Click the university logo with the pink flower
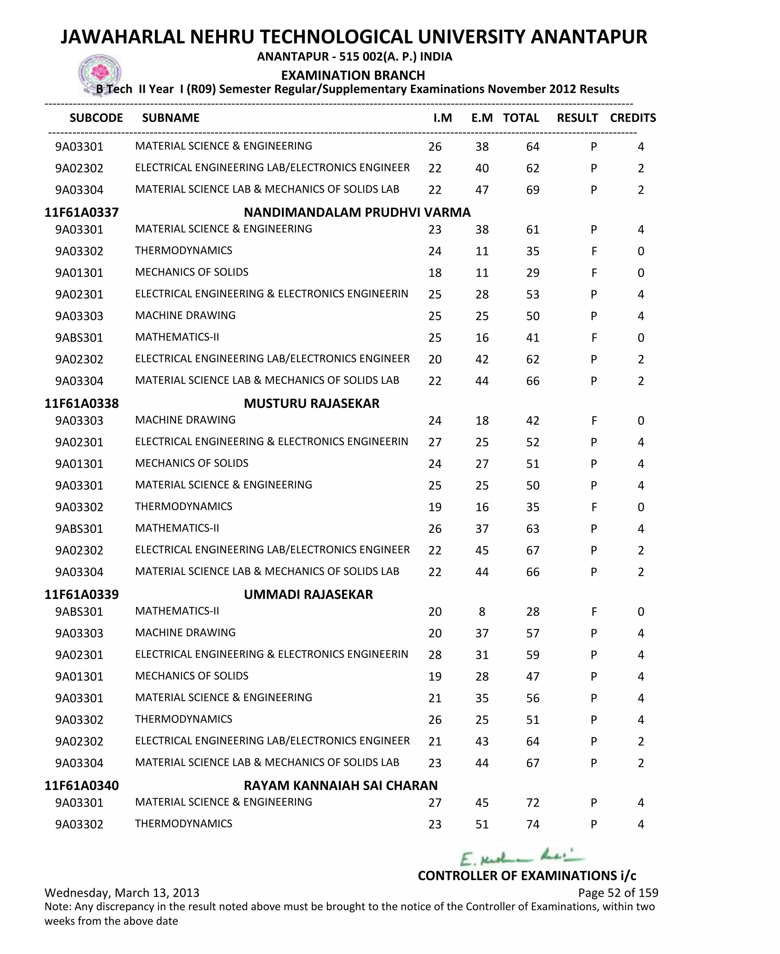pyautogui.click(x=100, y=73)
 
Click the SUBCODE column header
pyautogui.click(x=96, y=118)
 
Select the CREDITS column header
pyautogui.click(x=633, y=118)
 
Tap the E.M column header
pyautogui.click(x=482, y=118)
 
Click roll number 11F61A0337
pyautogui.click(x=82, y=212)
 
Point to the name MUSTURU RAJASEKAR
pyautogui.click(x=312, y=403)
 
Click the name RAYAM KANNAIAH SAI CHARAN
pyautogui.click(x=340, y=786)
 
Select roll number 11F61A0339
pyautogui.click(x=82, y=594)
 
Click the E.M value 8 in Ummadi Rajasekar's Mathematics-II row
pyautogui.click(x=482, y=612)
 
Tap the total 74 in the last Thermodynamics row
pyautogui.click(x=532, y=824)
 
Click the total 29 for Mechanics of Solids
pyautogui.click(x=532, y=273)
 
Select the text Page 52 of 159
pyautogui.click(x=618, y=892)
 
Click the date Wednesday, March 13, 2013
pyautogui.click(x=122, y=892)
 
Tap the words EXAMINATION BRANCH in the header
pyautogui.click(x=353, y=75)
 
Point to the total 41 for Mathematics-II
pyautogui.click(x=532, y=338)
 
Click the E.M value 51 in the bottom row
pyautogui.click(x=482, y=824)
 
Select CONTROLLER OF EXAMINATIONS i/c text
pyautogui.click(x=527, y=875)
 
